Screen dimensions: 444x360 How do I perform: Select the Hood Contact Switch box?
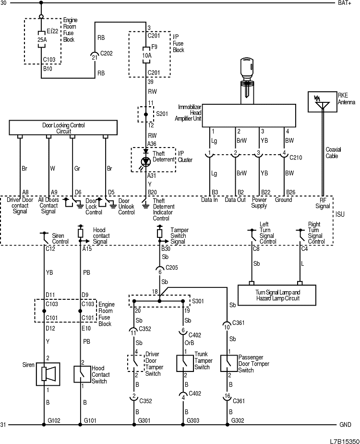click(x=80, y=374)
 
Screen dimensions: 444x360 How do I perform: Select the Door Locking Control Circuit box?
click(x=63, y=128)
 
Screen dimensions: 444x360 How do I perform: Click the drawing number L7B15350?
click(x=344, y=440)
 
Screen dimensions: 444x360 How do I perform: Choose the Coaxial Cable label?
click(x=333, y=152)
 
